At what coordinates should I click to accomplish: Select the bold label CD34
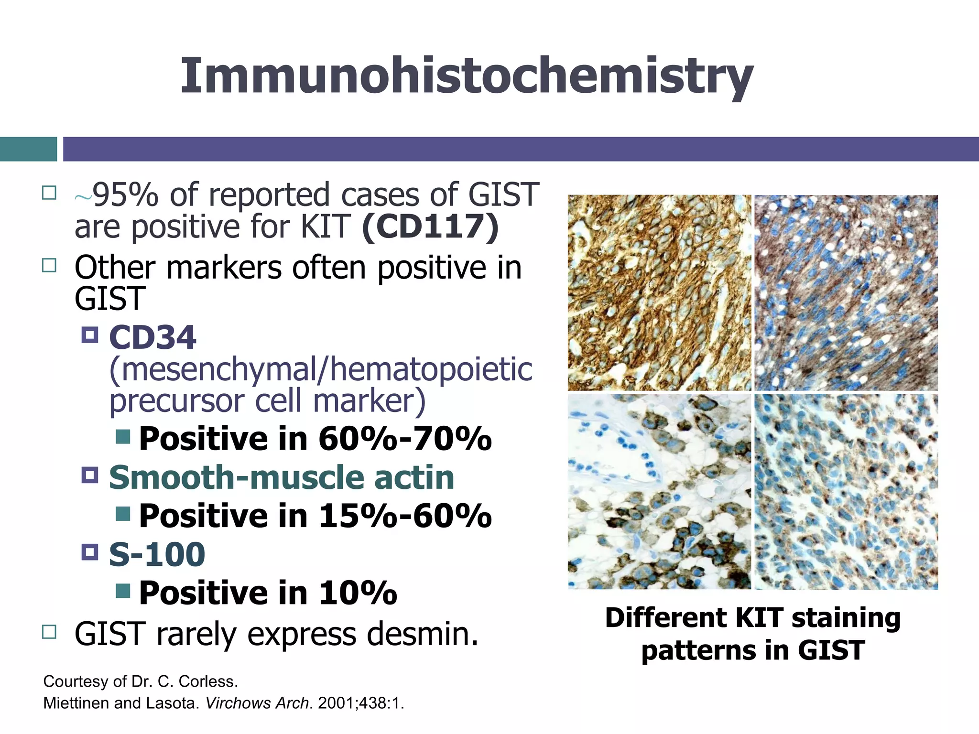152,337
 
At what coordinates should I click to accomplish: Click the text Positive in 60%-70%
315,438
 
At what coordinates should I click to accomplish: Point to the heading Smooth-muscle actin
282,477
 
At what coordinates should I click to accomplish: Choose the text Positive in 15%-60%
315,516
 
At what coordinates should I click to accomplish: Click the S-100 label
157,554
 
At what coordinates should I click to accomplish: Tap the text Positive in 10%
268,593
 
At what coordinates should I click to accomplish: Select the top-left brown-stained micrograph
659,292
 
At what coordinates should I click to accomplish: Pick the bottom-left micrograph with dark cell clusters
659,491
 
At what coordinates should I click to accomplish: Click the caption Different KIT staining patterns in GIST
753,634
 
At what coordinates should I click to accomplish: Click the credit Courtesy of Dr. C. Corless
141,681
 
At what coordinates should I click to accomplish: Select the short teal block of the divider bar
28,149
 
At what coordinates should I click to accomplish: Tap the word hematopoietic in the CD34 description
431,369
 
